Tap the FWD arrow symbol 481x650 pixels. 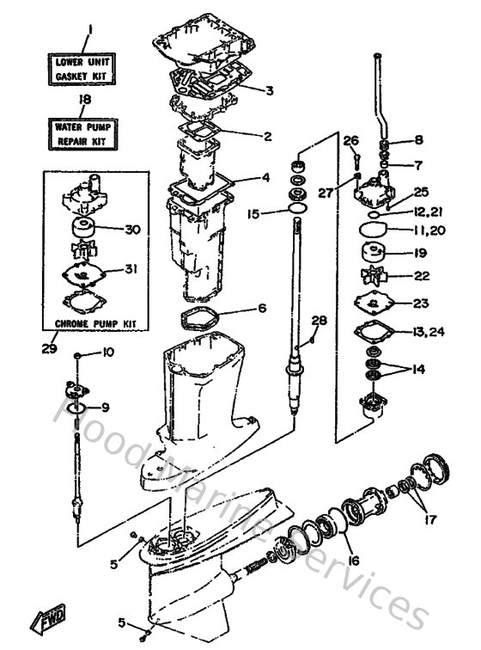point(46,620)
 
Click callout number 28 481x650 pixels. point(319,321)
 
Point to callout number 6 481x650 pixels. point(263,307)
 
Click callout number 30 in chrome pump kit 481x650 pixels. point(131,229)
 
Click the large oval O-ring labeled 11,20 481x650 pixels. point(373,230)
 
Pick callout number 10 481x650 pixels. point(108,352)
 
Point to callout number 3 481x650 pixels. point(270,90)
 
